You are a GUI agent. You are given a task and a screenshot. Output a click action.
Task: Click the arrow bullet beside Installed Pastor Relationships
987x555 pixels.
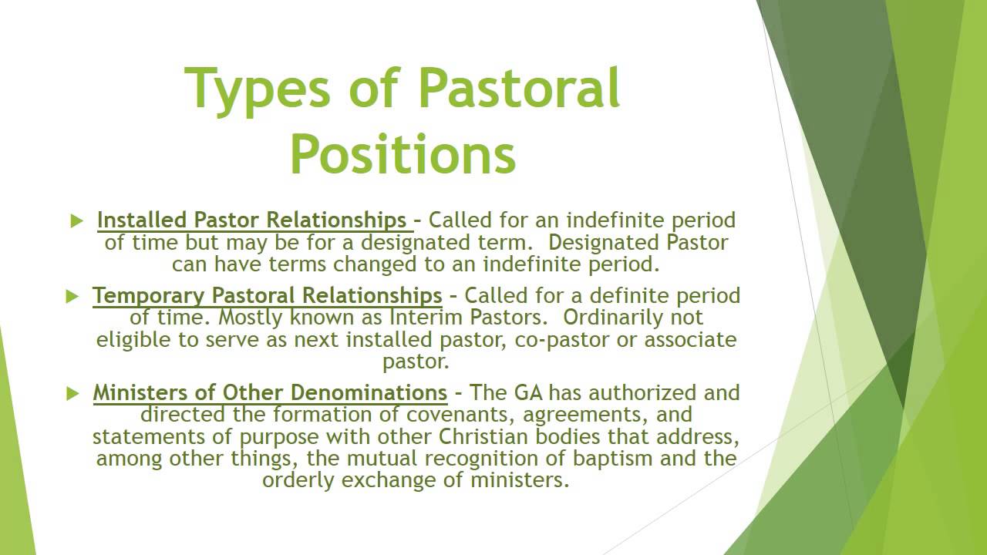coord(76,221)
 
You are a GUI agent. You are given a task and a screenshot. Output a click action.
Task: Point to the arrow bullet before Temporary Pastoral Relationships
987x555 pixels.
coord(72,296)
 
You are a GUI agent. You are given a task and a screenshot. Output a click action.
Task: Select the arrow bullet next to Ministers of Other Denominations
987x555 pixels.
coord(72,394)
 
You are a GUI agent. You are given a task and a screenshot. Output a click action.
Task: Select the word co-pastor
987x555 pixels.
coord(550,340)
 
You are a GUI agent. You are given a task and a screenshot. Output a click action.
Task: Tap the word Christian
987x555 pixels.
coord(493,437)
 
